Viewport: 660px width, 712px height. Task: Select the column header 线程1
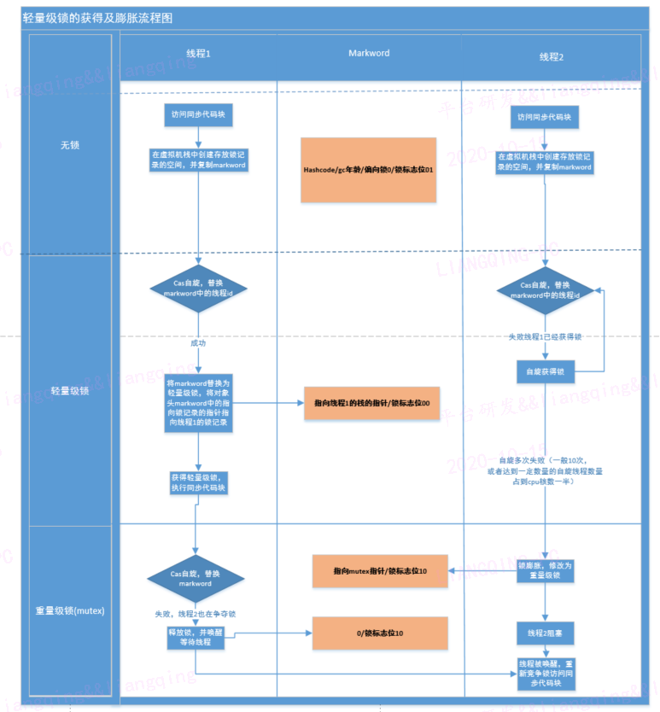click(x=198, y=54)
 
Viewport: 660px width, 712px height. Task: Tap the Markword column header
click(x=369, y=54)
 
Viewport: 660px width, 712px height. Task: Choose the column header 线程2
click(x=551, y=56)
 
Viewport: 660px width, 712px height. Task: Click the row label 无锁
click(x=70, y=145)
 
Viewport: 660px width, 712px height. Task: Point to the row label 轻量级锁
click(x=70, y=391)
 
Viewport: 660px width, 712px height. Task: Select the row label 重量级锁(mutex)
click(x=70, y=610)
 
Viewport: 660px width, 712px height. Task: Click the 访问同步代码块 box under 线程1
click(x=198, y=114)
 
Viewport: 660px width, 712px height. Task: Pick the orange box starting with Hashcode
click(x=368, y=170)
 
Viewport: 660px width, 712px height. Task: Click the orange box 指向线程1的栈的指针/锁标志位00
click(x=371, y=402)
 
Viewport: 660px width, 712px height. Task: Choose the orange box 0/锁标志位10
click(x=379, y=633)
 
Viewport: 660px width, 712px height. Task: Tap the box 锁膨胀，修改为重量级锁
click(x=546, y=570)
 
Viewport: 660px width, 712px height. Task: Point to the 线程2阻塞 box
click(x=546, y=633)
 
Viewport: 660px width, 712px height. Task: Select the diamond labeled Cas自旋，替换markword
click(x=196, y=579)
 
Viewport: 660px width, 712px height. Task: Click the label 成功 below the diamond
click(x=198, y=342)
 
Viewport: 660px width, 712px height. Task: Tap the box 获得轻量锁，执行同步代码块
click(x=198, y=482)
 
